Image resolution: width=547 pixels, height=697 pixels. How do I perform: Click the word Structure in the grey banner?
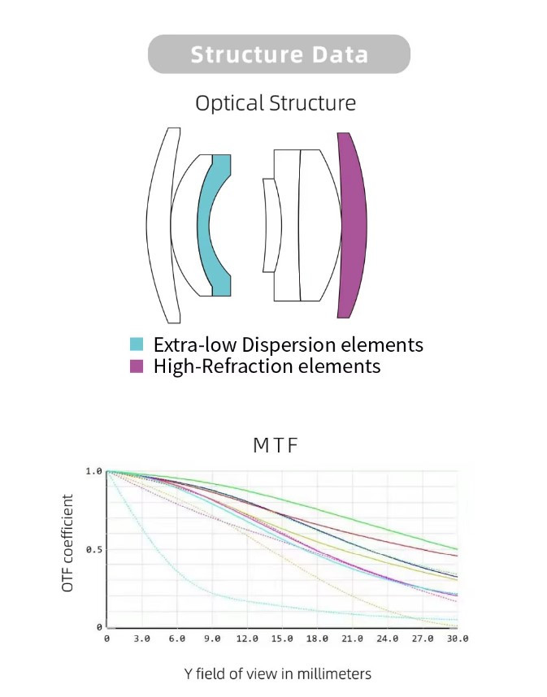247,54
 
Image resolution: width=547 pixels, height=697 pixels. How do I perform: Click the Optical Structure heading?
276,103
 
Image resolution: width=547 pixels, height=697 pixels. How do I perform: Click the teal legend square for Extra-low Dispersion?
137,344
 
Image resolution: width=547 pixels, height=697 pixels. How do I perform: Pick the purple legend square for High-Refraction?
137,366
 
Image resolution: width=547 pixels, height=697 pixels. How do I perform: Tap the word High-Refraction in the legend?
224,366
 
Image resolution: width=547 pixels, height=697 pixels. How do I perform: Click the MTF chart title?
276,445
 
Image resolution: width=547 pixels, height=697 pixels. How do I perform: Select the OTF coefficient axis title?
67,543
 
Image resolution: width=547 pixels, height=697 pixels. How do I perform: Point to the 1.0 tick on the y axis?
93,471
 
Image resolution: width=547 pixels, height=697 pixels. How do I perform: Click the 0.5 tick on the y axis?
93,549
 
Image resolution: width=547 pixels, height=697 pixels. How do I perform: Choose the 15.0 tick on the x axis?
282,639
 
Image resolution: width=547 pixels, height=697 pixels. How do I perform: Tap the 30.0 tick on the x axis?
457,639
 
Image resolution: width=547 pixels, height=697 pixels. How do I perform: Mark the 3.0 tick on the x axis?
142,639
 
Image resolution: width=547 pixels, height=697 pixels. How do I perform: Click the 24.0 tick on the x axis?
388,639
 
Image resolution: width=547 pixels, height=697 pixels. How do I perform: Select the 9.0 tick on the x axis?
212,639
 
